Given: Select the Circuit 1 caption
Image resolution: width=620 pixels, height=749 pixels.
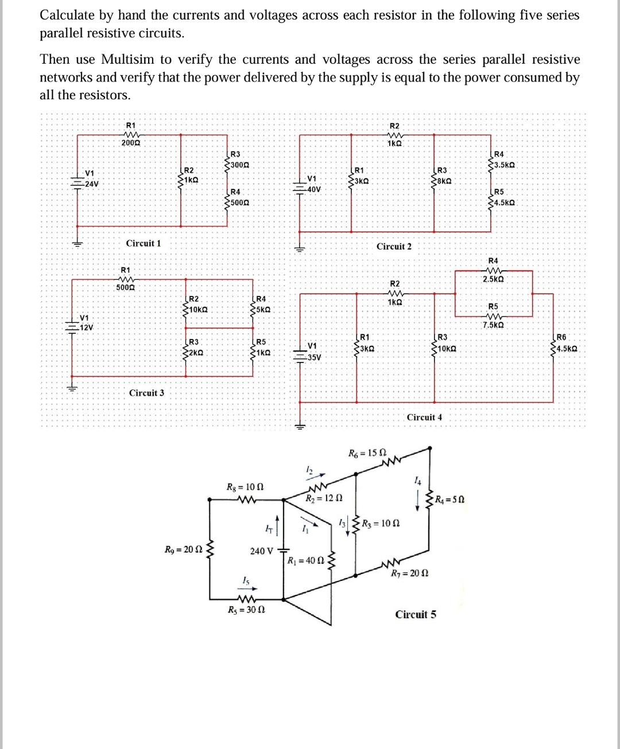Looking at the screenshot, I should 144,243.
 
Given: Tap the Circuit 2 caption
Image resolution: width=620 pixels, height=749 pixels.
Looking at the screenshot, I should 394,247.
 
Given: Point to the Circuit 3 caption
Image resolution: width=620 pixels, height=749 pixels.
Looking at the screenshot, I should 146,393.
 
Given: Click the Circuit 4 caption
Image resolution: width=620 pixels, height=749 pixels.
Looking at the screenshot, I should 424,418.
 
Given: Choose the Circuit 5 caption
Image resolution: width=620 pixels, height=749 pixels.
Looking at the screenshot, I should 416,614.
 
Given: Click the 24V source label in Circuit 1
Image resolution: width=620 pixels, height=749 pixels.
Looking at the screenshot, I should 91,184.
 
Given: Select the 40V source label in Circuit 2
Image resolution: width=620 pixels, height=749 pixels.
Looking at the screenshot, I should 313,189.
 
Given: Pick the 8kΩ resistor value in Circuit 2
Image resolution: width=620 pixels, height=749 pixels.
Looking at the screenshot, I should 444,181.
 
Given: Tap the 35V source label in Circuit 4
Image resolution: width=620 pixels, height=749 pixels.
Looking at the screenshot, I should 313,357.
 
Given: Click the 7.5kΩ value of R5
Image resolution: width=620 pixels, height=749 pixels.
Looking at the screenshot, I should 493,325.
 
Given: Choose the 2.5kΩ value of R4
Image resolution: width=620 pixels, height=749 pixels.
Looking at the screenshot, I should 493,279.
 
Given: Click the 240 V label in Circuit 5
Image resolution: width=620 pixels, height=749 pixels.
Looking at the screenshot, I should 262,551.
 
